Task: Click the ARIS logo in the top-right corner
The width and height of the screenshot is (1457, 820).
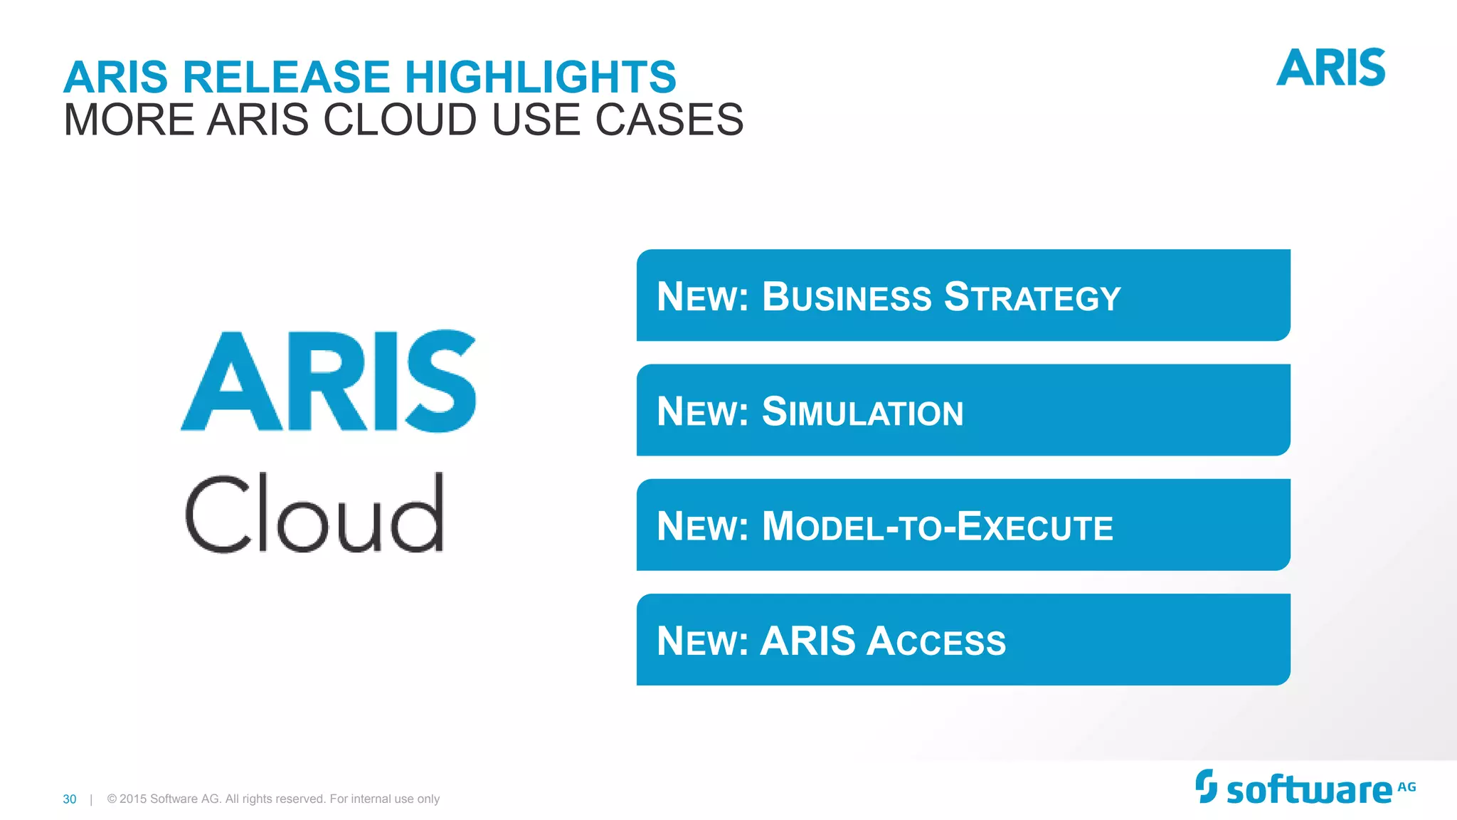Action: click(1330, 68)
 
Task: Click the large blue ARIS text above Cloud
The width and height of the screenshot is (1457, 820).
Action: click(329, 382)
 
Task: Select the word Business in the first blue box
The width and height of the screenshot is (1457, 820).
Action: click(847, 297)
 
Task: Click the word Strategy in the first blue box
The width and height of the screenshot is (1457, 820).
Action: click(1032, 297)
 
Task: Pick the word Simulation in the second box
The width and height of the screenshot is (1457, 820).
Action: click(862, 412)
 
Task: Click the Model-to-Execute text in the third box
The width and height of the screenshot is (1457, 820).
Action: click(937, 527)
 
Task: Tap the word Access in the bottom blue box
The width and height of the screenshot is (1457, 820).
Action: click(936, 641)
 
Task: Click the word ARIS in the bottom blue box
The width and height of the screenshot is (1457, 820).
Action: click(808, 641)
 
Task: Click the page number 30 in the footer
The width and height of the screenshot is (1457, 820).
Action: click(70, 799)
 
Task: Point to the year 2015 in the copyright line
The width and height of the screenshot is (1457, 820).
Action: click(132, 799)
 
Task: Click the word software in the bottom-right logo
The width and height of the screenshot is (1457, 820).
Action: click(1309, 791)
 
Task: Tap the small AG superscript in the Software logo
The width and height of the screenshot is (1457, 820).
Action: click(1406, 787)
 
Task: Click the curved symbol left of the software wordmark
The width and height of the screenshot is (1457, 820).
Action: click(1206, 786)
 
